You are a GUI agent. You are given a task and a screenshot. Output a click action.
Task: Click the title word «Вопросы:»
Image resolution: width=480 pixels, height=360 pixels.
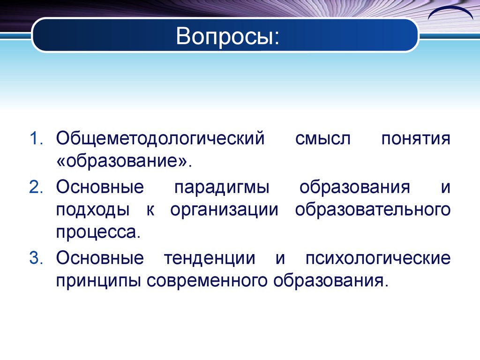click(x=227, y=37)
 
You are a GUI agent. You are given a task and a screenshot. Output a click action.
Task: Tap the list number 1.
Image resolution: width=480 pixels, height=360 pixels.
click(x=37, y=140)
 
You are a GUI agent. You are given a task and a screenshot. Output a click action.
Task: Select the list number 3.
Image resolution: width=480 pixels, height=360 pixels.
click(x=37, y=259)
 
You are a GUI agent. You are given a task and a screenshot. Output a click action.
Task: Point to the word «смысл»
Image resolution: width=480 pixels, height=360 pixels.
click(x=322, y=140)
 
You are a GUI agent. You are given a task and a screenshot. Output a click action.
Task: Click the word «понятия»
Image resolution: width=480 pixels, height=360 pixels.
click(x=416, y=140)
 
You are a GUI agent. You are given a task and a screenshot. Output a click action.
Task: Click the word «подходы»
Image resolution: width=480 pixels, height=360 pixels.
click(x=93, y=210)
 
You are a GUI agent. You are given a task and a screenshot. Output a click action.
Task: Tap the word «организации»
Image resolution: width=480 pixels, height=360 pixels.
click(x=225, y=210)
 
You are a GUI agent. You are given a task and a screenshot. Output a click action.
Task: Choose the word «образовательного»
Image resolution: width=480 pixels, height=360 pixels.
click(x=373, y=210)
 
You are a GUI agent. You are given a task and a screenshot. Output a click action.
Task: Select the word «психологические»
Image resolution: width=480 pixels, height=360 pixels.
click(x=378, y=259)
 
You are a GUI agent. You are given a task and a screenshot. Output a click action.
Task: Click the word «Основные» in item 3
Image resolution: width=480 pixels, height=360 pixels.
click(x=99, y=259)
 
